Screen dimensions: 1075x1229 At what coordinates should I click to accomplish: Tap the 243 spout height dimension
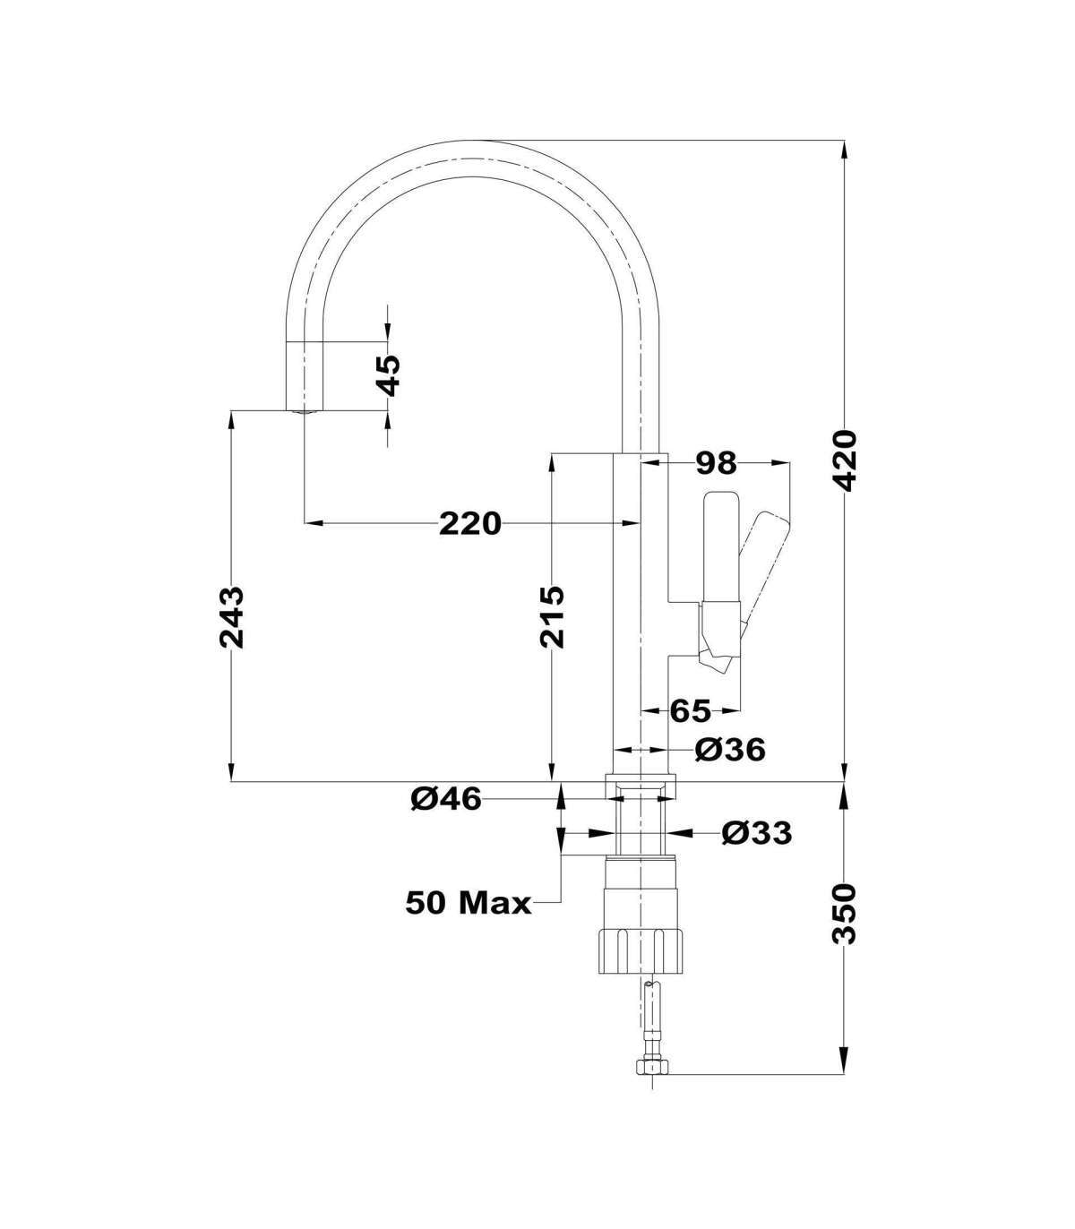point(232,617)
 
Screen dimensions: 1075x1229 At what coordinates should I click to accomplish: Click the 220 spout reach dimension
point(469,523)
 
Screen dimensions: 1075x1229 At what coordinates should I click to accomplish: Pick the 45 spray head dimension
point(391,375)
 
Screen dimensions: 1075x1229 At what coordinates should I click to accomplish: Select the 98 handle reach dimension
point(716,462)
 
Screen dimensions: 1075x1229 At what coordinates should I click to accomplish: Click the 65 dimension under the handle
point(690,712)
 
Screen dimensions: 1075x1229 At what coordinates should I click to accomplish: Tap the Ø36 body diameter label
point(730,750)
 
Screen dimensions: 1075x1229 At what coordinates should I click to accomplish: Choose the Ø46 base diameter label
point(446,800)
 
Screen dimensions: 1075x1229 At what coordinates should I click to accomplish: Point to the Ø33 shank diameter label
point(757,833)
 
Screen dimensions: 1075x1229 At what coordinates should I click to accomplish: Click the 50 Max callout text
point(469,920)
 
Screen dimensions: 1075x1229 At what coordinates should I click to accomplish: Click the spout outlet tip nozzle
point(304,412)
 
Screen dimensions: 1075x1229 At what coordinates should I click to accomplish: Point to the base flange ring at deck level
point(641,787)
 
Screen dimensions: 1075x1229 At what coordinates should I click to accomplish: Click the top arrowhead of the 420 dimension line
point(845,151)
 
